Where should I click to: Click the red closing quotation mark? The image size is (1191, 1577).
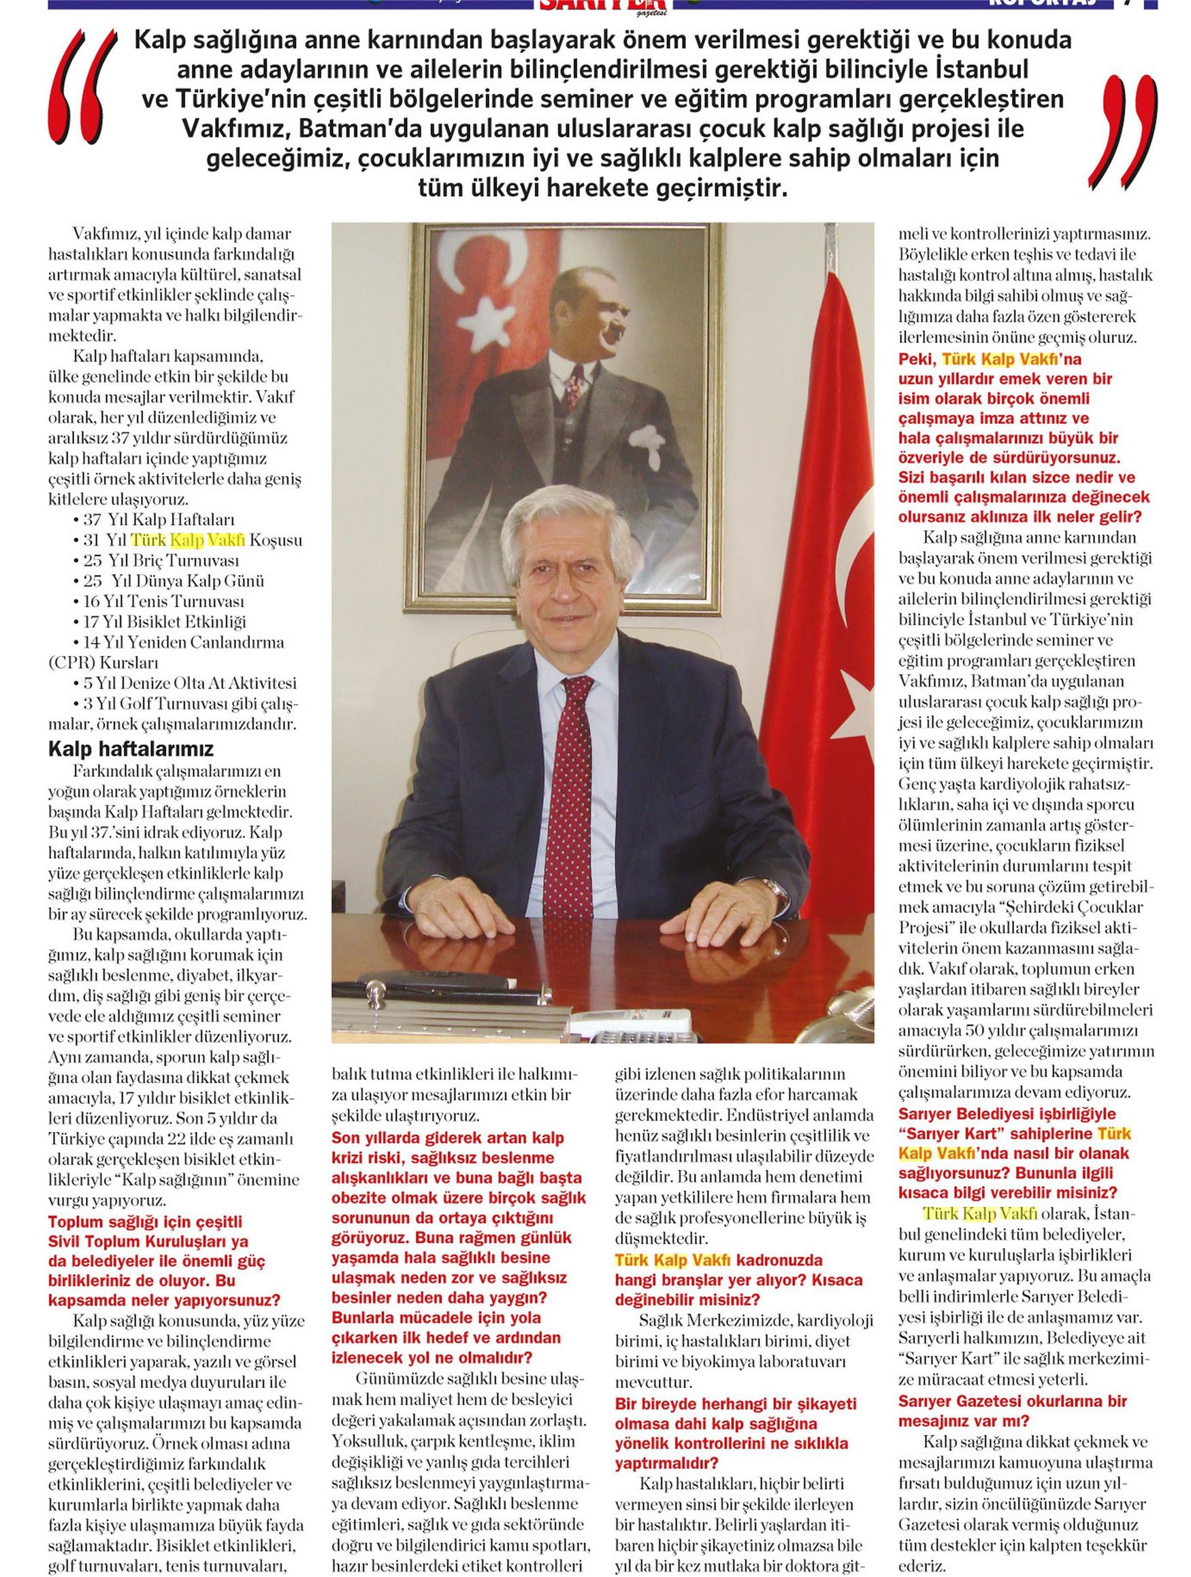[1122, 129]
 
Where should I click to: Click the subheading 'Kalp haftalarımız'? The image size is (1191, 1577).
[131, 749]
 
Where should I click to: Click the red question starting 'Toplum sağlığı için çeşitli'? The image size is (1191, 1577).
[146, 1221]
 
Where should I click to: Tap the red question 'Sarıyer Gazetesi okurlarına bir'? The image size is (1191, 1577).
[1012, 1400]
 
